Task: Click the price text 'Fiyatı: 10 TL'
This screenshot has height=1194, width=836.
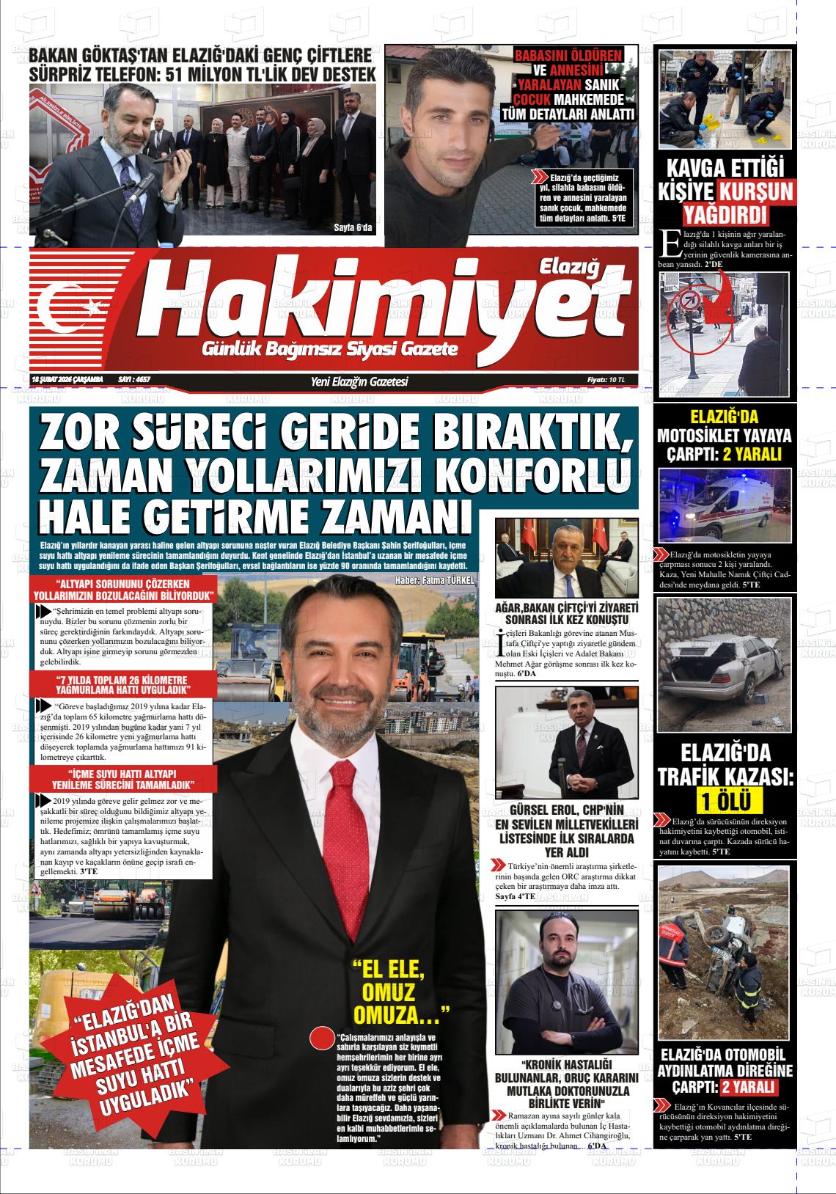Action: [606, 380]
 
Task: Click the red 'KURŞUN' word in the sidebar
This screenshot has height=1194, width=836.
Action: [755, 191]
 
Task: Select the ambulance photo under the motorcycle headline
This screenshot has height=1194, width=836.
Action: [725, 505]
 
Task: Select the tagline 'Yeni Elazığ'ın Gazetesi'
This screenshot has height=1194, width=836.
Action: [359, 381]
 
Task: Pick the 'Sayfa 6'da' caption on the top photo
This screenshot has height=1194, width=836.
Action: [353, 227]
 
